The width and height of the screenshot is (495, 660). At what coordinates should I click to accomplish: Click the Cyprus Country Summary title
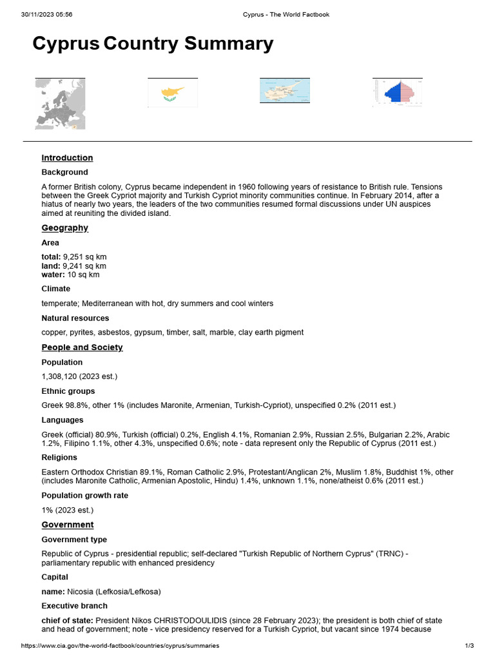[x=153, y=44]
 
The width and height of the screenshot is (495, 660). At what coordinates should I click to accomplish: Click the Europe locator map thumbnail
[x=60, y=104]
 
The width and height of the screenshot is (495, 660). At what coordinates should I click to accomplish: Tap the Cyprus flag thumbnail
[x=173, y=93]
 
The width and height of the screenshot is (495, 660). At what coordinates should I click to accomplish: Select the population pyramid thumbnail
[x=397, y=92]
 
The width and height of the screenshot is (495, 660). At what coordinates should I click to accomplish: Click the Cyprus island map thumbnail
[x=284, y=91]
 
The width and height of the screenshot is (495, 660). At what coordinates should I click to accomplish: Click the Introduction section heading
[x=67, y=158]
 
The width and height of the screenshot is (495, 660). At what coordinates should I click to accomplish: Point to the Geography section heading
[x=64, y=228]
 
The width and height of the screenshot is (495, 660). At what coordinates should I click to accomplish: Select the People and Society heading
[x=82, y=347]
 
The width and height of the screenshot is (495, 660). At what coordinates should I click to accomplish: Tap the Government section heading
[x=67, y=525]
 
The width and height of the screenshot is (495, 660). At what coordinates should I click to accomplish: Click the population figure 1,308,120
[x=63, y=376]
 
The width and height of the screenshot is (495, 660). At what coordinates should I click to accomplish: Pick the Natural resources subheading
[x=75, y=318]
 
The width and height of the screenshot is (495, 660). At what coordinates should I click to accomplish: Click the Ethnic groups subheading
[x=68, y=391]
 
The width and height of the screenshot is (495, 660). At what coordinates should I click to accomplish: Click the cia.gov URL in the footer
[x=120, y=645]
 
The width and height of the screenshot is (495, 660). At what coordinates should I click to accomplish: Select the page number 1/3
[x=469, y=645]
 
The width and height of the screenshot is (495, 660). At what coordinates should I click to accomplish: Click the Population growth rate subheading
[x=84, y=496]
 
